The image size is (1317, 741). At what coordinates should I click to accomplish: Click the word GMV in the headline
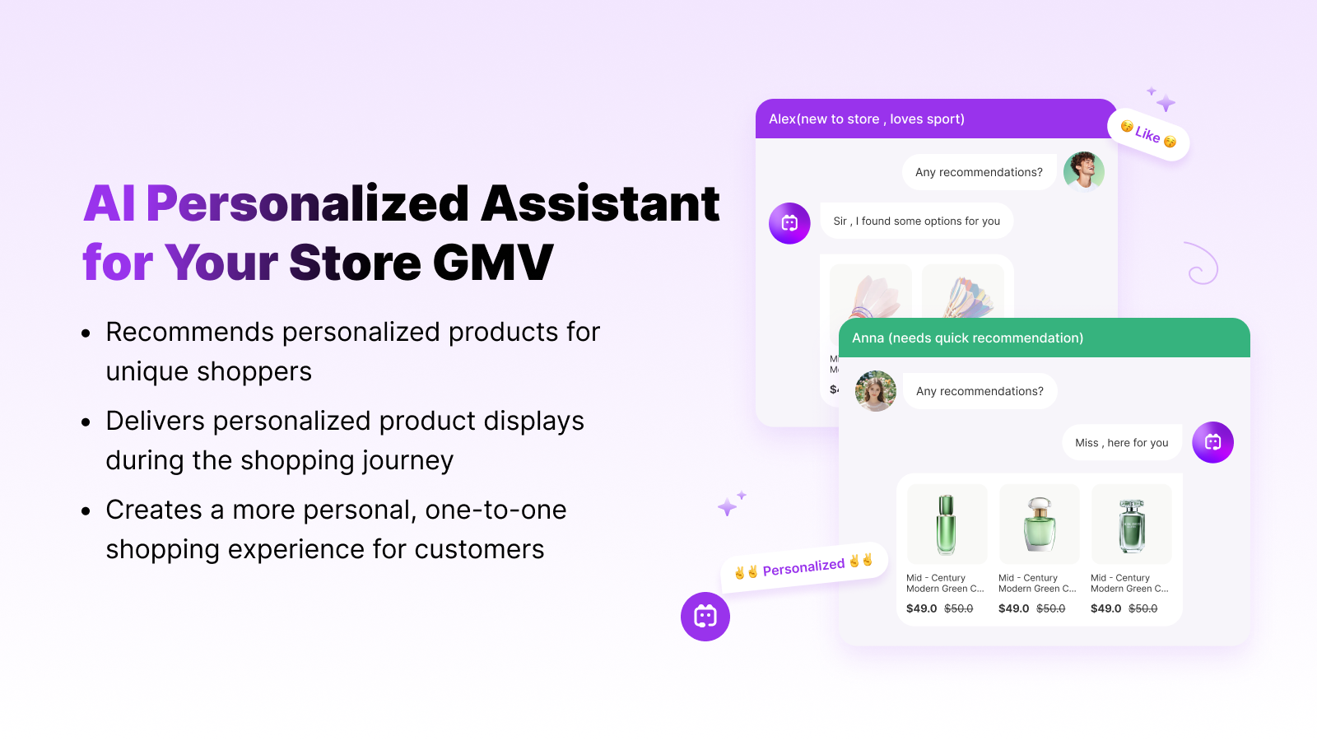point(492,263)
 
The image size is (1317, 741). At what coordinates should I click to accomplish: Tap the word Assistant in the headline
point(600,203)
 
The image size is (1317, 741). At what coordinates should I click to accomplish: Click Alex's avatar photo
point(1083,171)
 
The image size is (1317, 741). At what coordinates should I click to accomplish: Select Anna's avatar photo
point(876,391)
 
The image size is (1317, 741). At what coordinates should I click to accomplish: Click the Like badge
point(1148,134)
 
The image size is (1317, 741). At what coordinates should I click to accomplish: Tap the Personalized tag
point(804,567)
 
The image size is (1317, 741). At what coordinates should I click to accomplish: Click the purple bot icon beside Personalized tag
point(705,617)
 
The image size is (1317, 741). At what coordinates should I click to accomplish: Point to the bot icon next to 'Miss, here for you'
point(1212,442)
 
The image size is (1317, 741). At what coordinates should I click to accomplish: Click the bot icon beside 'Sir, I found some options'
point(789,223)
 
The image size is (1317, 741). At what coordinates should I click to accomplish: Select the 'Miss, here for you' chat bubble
point(1121,443)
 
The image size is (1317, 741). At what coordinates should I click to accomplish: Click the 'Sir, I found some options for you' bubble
point(916,221)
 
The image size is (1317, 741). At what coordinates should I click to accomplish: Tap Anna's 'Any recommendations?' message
point(980,391)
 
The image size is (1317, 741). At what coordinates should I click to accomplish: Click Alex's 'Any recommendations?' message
point(979,172)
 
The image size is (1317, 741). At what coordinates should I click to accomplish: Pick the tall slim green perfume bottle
point(947,524)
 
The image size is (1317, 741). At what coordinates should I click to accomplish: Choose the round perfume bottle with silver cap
point(1039,524)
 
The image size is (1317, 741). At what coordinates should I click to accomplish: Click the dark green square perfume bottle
point(1131,525)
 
